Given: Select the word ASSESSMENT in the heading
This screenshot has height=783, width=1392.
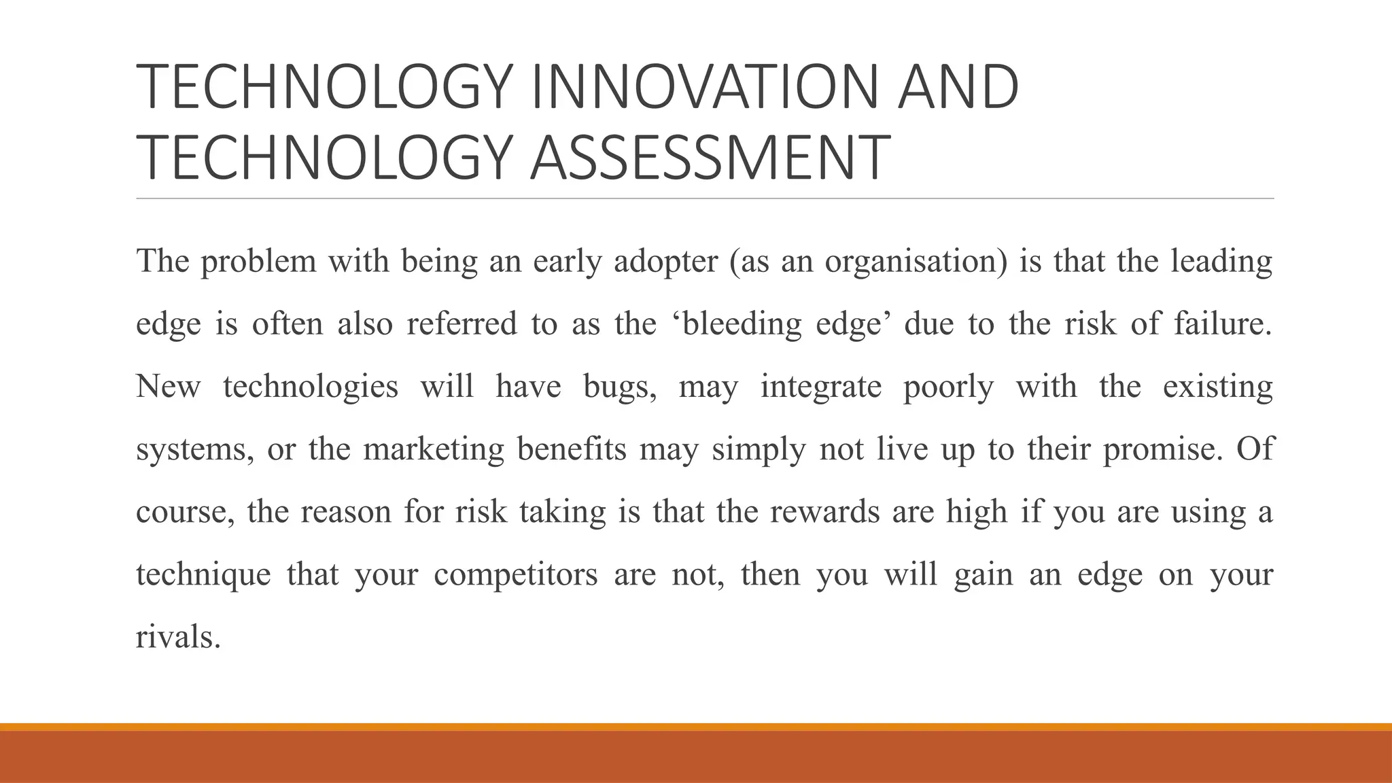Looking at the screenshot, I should coord(710,158).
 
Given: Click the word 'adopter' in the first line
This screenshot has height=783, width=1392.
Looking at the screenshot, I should coord(665,262).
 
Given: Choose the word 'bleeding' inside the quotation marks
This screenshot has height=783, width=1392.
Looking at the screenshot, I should coord(742,324).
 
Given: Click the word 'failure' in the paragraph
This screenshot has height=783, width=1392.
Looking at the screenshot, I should coord(1220,324).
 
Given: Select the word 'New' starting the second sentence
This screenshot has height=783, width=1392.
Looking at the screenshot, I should coord(169,387).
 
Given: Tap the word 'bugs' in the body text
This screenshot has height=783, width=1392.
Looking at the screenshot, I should coord(619,387).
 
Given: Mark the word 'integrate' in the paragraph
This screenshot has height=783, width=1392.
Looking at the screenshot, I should coord(820,387).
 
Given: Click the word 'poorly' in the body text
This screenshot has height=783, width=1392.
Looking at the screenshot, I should coord(948,387).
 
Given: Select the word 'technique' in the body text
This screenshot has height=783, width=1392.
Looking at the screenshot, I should coord(203,575).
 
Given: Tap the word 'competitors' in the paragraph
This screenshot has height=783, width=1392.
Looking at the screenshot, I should coord(516,575).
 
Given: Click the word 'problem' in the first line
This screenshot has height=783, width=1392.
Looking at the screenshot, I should coord(258,262).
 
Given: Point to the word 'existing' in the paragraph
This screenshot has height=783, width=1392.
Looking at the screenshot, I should coord(1217,387).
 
